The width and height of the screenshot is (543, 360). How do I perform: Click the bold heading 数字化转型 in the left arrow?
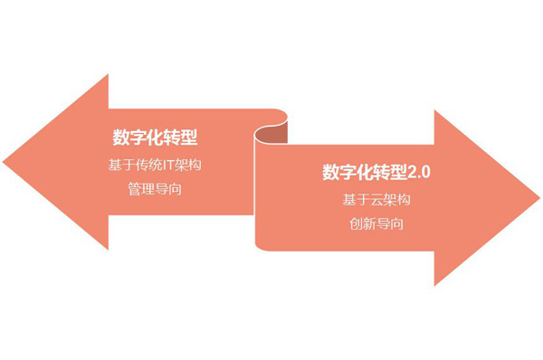pos(155,138)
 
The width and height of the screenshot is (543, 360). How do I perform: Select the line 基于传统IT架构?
pos(155,166)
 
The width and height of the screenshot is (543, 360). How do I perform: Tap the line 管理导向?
pos(155,190)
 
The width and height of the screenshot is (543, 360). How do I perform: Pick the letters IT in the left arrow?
pos(178,166)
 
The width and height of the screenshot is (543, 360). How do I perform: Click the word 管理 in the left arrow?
pos(141,190)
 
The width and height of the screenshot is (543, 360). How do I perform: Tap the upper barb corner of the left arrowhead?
pos(109,75)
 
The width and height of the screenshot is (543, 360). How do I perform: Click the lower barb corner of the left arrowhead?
pos(109,249)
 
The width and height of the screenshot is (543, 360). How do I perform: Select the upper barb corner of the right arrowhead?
pos(435,110)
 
